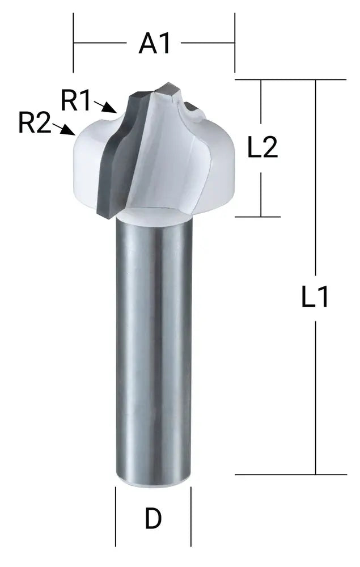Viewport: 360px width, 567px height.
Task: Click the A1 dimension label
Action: click(x=154, y=43)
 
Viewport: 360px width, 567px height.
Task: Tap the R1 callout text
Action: click(x=76, y=100)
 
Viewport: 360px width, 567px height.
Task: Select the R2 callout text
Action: click(x=35, y=123)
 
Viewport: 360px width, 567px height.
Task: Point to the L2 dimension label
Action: click(x=262, y=148)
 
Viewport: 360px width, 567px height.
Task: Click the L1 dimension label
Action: click(x=315, y=297)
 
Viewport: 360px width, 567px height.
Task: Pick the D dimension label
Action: click(x=153, y=519)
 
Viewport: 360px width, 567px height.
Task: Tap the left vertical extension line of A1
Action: click(x=73, y=43)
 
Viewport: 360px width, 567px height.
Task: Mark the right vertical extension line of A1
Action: click(x=235, y=43)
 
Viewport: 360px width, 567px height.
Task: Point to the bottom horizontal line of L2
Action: click(x=258, y=217)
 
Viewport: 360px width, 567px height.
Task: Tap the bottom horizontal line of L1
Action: click(x=289, y=474)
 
